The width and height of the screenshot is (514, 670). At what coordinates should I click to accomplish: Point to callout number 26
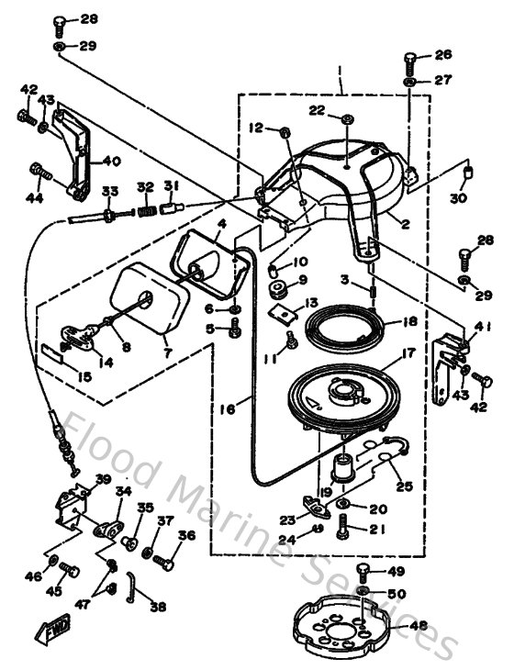click(443, 55)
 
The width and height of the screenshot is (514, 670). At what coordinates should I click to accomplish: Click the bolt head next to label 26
click(409, 61)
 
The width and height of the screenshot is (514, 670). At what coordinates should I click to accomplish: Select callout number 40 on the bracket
click(111, 162)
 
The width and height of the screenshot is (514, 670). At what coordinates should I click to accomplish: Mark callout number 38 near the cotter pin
click(158, 607)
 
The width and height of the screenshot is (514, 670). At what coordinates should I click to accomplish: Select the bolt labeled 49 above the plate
click(363, 575)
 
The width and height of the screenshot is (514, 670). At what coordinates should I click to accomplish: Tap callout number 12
click(255, 128)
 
